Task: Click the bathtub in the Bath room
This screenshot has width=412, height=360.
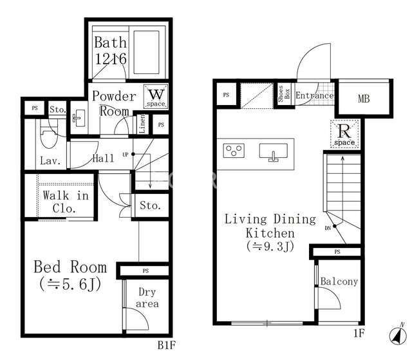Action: [146, 52]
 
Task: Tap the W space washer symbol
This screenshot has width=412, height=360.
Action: [156, 97]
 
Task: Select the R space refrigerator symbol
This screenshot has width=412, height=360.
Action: [344, 133]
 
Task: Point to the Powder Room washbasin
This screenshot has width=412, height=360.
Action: [79, 118]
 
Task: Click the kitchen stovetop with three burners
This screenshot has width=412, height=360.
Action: [234, 150]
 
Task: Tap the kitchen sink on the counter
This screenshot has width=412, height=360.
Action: [273, 152]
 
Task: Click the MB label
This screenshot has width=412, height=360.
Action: [364, 99]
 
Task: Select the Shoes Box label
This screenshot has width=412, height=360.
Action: [283, 94]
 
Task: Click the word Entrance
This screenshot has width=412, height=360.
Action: [315, 95]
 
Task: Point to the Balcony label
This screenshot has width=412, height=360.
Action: [339, 281]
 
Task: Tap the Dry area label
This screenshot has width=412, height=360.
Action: [147, 298]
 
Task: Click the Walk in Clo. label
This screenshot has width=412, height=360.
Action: [66, 202]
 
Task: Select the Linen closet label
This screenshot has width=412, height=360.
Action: [142, 124]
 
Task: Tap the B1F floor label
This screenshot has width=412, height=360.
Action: [166, 345]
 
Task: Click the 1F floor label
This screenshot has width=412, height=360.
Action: [359, 334]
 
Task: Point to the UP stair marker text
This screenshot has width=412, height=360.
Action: [126, 155]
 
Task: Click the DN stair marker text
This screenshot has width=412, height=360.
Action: [328, 229]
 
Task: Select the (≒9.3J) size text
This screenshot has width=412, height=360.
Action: [270, 247]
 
